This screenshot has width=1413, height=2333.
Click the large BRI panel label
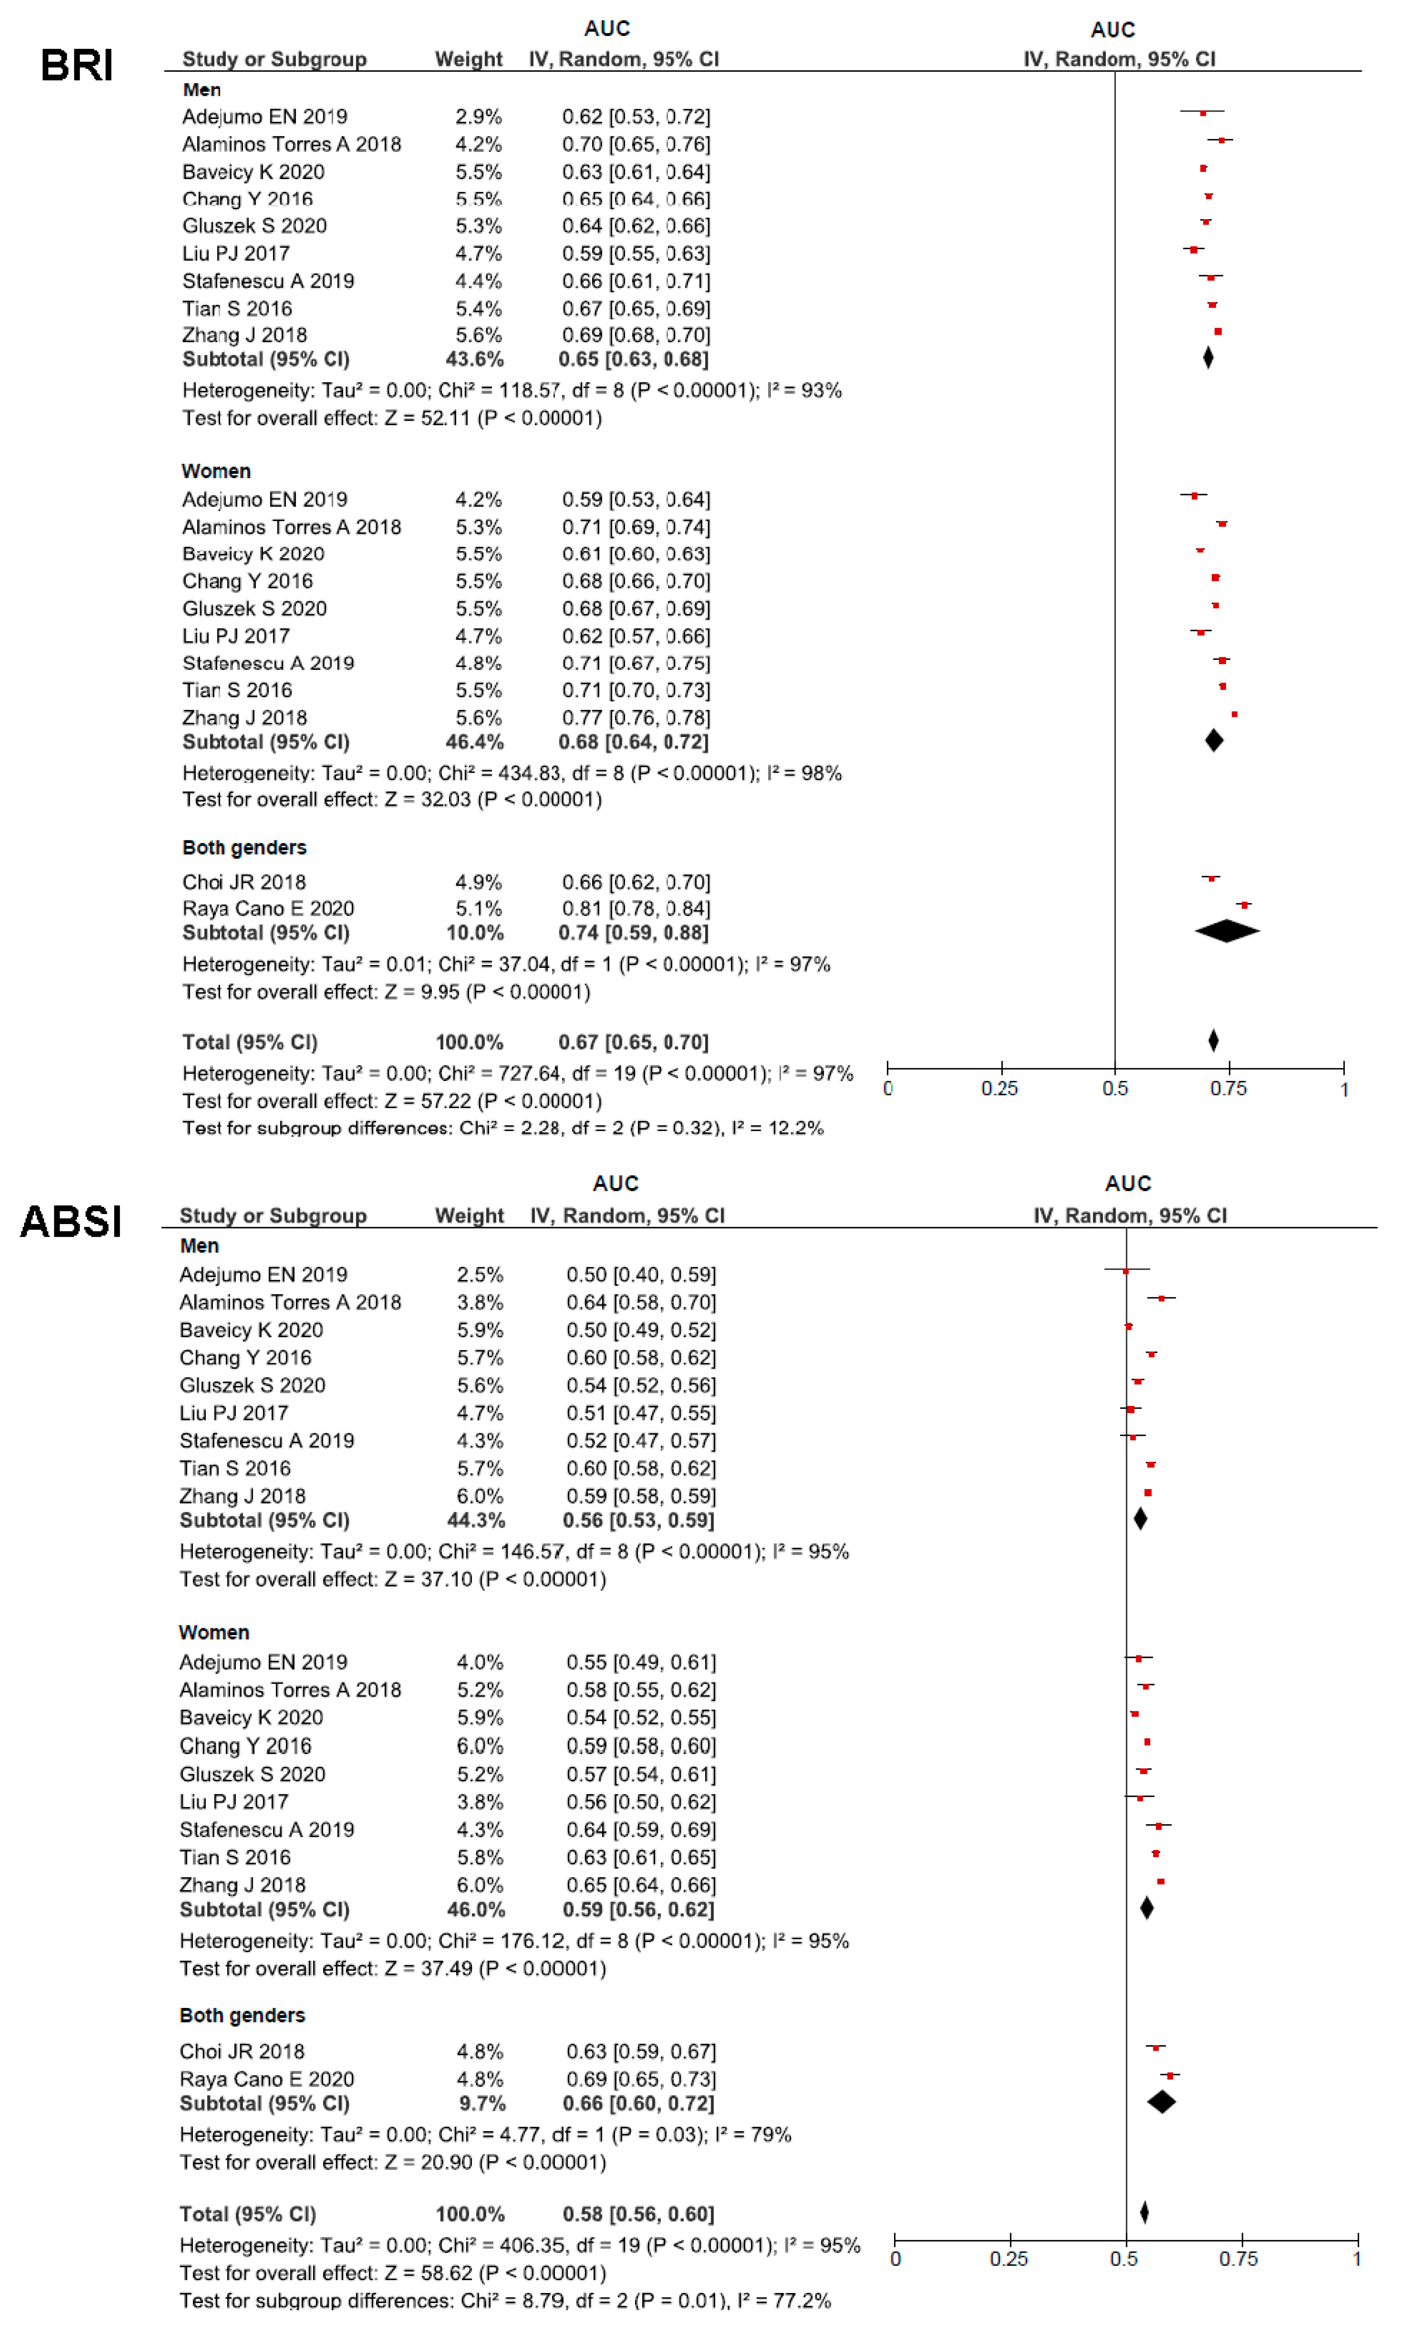pyautogui.click(x=77, y=65)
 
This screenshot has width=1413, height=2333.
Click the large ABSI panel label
pyautogui.click(x=71, y=1221)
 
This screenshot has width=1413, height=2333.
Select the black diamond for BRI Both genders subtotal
pyautogui.click(x=1226, y=932)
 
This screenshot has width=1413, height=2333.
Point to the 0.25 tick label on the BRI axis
pyautogui.click(x=1000, y=1089)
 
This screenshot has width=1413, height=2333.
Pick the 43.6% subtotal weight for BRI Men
pyautogui.click(x=474, y=359)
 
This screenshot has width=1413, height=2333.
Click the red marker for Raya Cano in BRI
pyautogui.click(x=1244, y=905)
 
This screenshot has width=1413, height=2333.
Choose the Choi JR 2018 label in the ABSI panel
pyautogui.click(x=242, y=2052)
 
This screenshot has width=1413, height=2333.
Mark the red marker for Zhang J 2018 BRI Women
pyautogui.click(x=1234, y=714)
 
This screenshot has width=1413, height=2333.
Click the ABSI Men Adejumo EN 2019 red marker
pyautogui.click(x=1125, y=1271)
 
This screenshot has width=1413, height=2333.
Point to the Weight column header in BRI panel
pyautogui.click(x=469, y=59)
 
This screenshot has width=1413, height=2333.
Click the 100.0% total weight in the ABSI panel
pyautogui.click(x=469, y=2215)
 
